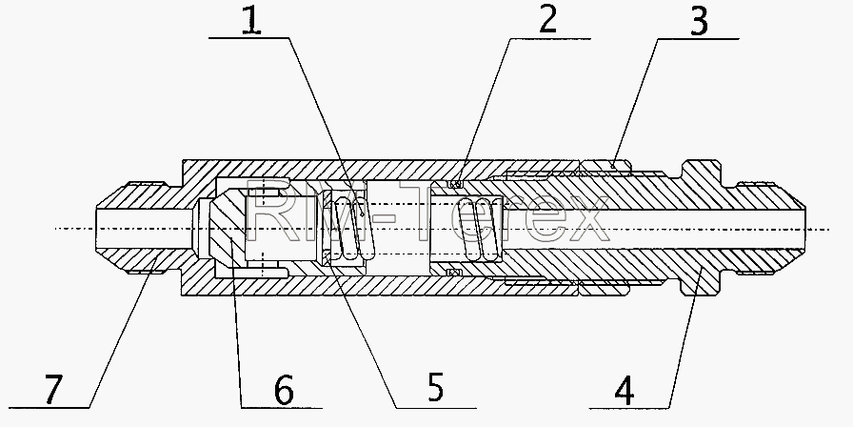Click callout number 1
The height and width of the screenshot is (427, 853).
coord(250,22)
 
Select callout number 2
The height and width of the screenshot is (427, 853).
coord(547,20)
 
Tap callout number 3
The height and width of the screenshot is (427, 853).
coord(699,22)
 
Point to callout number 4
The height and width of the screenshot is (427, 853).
coord(625,392)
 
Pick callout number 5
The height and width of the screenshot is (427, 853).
coord(435,387)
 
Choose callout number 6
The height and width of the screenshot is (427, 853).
coord(284,390)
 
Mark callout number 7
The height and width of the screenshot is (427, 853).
coord(52,390)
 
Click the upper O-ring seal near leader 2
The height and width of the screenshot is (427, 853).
coord(456,184)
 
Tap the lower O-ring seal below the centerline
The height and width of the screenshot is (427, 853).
coord(453,272)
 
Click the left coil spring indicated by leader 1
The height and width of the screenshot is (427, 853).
coord(353,228)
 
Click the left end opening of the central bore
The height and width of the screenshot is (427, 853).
coord(98,228)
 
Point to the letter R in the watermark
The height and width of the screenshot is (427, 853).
coord(268,210)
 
